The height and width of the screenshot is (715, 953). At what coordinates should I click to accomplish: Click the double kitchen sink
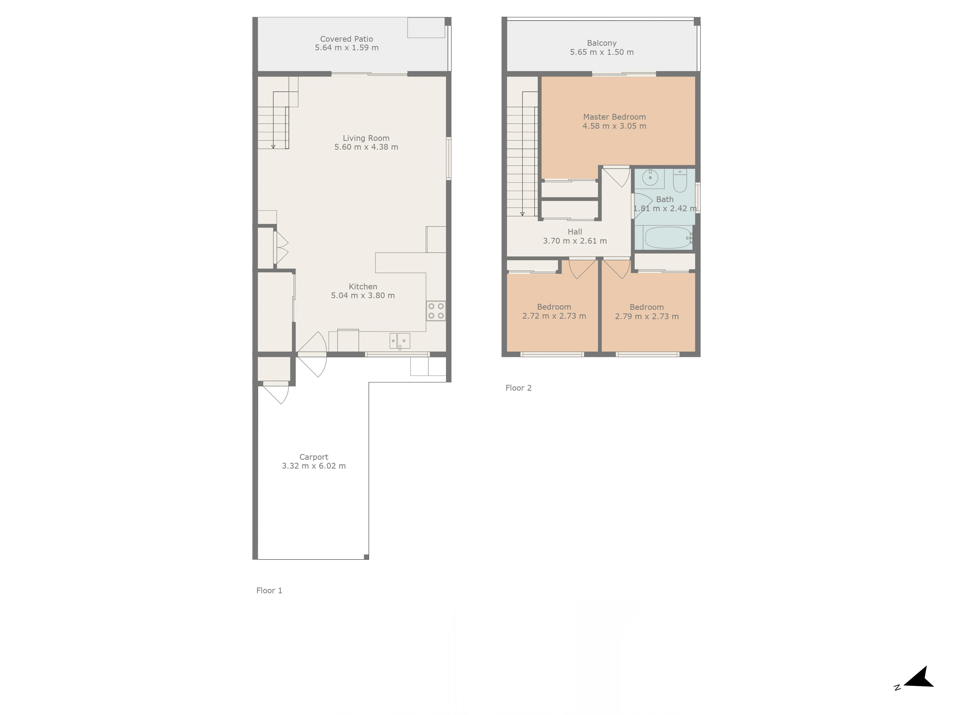coord(400,341)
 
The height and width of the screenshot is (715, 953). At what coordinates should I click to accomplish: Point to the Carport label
coord(314,457)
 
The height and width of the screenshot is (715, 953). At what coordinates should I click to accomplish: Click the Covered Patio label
coord(346,39)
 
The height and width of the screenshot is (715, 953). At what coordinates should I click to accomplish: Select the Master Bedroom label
coord(614,117)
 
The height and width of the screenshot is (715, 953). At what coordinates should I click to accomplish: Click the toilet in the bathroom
coord(680,181)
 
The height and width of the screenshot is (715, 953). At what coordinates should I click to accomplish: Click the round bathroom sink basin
coord(650,177)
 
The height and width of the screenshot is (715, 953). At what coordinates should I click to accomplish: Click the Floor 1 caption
coord(269,590)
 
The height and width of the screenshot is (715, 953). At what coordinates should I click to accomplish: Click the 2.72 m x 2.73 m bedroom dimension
coord(554,316)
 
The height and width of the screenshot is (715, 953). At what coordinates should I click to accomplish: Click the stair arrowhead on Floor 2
coord(522,214)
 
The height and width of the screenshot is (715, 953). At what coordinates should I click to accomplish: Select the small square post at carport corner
coord(366,557)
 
